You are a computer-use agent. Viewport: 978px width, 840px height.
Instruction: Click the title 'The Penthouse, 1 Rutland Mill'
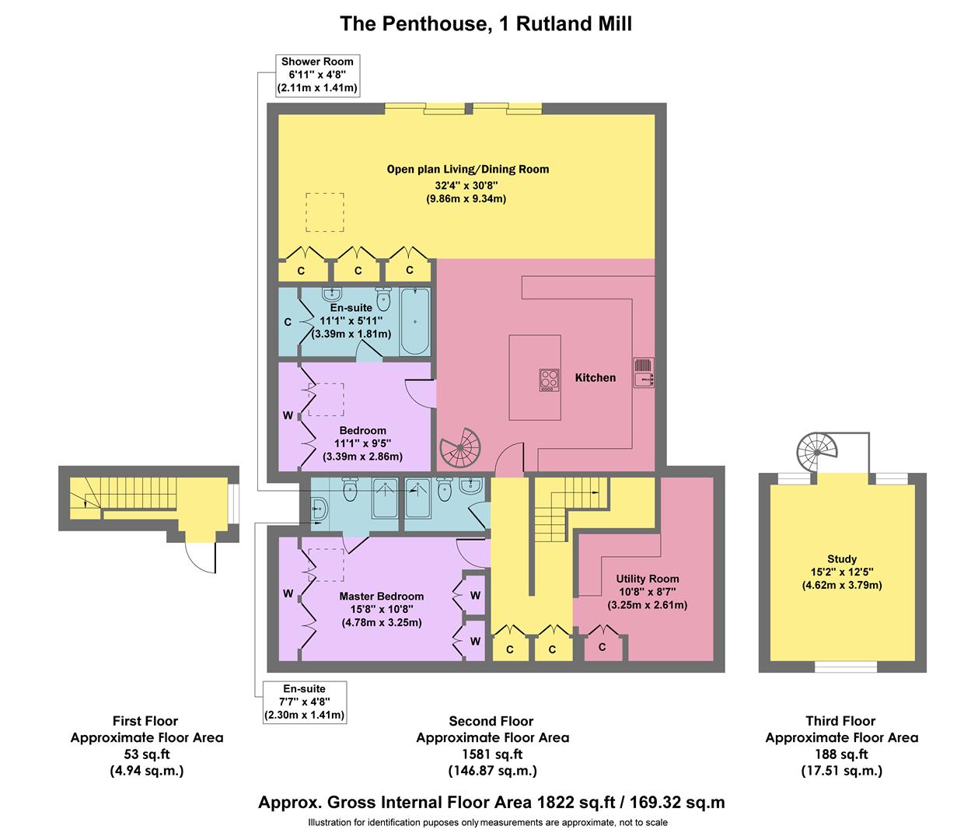pyautogui.click(x=486, y=24)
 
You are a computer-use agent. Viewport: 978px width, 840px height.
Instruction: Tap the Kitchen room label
pyautogui.click(x=595, y=378)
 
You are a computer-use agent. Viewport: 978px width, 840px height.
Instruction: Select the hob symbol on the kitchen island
pyautogui.click(x=550, y=379)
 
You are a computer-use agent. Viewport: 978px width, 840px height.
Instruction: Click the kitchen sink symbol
pyautogui.click(x=644, y=373)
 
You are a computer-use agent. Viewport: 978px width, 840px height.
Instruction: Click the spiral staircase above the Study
pyautogui.click(x=817, y=450)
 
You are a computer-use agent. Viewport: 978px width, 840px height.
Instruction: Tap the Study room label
pyautogui.click(x=842, y=558)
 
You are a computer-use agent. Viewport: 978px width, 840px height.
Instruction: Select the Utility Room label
pyautogui.click(x=647, y=579)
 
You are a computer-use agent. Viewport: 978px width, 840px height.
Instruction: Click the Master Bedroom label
pyautogui.click(x=381, y=597)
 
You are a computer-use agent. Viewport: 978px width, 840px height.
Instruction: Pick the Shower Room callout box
pyautogui.click(x=317, y=75)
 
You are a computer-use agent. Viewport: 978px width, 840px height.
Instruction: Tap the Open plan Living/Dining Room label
pyautogui.click(x=468, y=169)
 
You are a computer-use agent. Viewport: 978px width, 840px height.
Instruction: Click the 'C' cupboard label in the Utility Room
pyautogui.click(x=603, y=647)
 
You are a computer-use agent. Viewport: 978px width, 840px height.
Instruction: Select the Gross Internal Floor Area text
pyautogui.click(x=491, y=803)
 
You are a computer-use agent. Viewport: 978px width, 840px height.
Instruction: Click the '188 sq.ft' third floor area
pyautogui.click(x=842, y=754)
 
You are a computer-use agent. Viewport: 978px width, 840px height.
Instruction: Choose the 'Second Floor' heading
pyautogui.click(x=491, y=721)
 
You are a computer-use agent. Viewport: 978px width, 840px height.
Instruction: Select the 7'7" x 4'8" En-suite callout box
pyautogui.click(x=304, y=702)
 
